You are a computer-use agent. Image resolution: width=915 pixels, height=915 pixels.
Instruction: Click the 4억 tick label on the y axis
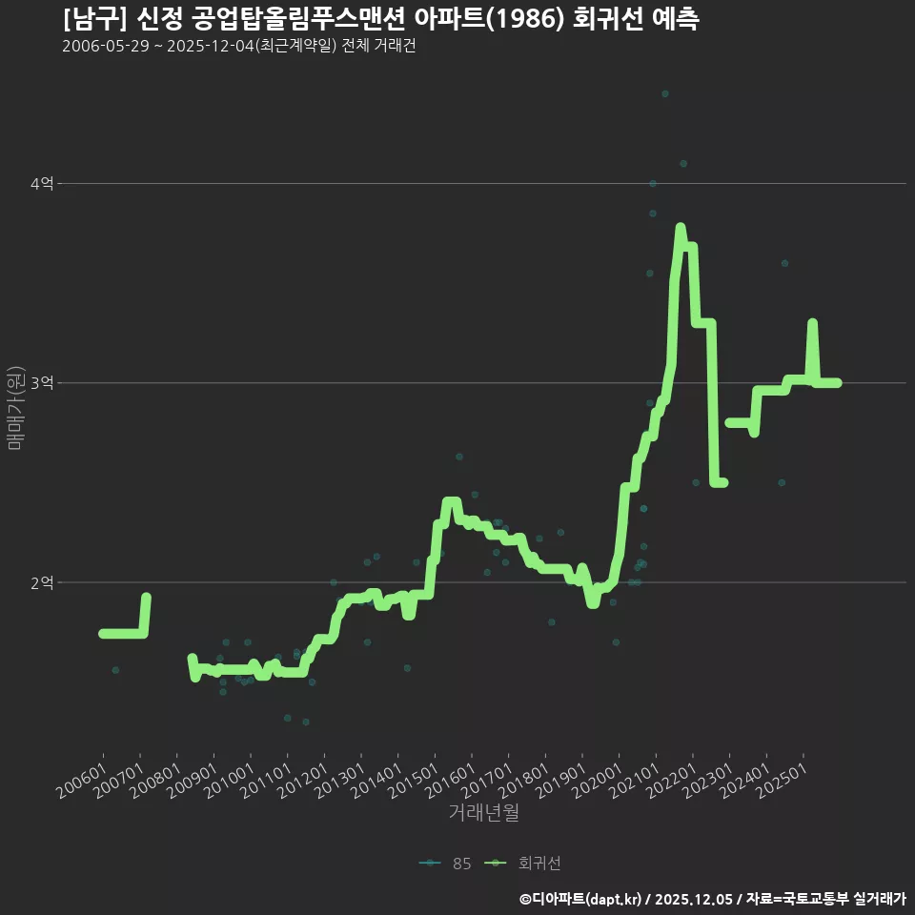(41, 183)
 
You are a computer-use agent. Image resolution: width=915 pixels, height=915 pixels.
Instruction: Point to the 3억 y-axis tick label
(41, 383)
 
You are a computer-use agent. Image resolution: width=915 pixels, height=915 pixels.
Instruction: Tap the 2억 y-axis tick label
(41, 582)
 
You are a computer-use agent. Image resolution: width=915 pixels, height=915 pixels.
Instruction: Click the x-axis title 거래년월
(484, 813)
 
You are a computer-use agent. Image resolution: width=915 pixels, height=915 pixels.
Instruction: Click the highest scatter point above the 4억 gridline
(665, 93)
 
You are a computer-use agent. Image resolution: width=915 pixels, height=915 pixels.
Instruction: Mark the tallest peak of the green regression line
(681, 228)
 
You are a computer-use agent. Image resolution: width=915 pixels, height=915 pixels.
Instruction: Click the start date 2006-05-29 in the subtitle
(105, 47)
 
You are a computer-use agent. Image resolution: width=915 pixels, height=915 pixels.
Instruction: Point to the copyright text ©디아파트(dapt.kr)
(581, 899)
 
